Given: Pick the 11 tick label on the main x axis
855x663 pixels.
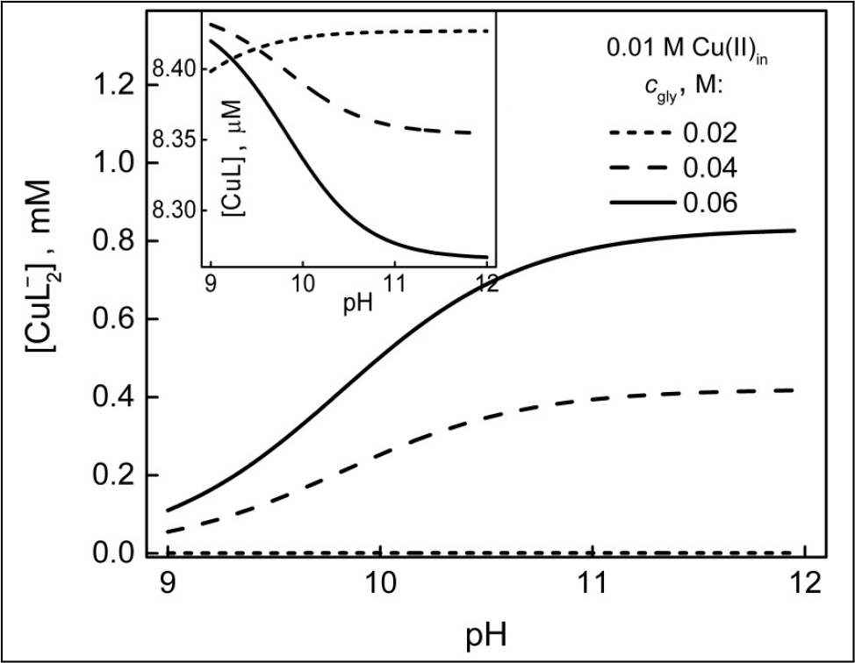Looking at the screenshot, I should tap(593, 584).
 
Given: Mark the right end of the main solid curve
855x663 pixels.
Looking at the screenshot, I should tap(794, 231).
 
